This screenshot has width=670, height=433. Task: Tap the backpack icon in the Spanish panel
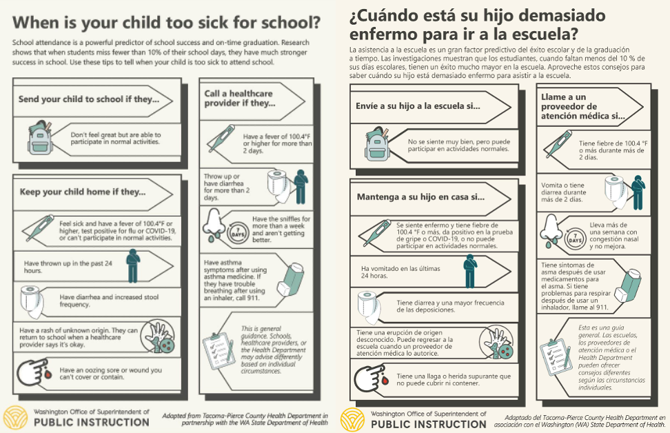378,143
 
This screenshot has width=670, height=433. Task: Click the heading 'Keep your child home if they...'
83,192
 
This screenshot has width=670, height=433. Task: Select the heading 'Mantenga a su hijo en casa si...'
420,197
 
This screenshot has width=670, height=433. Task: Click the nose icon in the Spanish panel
549,230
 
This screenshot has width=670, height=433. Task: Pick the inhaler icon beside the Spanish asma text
631,284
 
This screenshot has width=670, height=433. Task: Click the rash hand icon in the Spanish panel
498,343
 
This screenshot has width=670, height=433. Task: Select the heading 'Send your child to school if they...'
88,99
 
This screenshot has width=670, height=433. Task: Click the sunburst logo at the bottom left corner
16,418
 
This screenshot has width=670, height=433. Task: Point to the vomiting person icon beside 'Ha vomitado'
469,270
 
